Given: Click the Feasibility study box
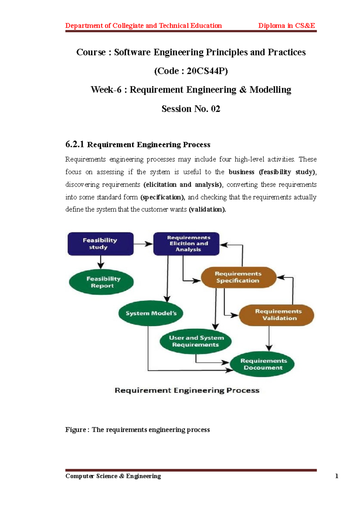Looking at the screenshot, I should tap(100, 244).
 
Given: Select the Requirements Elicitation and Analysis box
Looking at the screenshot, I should tap(186, 244).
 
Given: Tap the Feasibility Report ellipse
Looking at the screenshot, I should tap(101, 282).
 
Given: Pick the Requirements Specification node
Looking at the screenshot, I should tap(238, 277).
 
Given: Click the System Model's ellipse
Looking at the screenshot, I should tap(151, 313).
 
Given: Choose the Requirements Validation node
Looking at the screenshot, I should tap(277, 315).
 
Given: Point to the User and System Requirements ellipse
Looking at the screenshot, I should tap(196, 341).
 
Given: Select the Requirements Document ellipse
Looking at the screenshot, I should tap(262, 364).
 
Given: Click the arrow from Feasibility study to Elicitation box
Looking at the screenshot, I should tap(143, 244).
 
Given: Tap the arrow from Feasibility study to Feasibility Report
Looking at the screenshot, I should tap(101, 262).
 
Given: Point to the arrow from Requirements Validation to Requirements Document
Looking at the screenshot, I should tap(269, 338).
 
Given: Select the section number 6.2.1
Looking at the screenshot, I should tap(75, 144).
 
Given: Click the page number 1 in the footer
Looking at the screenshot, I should tap(337, 476).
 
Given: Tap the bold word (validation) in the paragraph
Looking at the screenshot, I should tap(207, 210).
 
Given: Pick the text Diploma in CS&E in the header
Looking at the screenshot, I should tap(286, 26).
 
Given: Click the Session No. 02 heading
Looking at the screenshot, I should tap(191, 109).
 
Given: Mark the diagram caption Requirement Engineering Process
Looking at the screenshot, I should tap(187, 390).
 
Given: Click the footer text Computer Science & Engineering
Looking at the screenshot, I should tap(113, 476).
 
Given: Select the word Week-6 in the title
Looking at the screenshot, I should tap(106, 90).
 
